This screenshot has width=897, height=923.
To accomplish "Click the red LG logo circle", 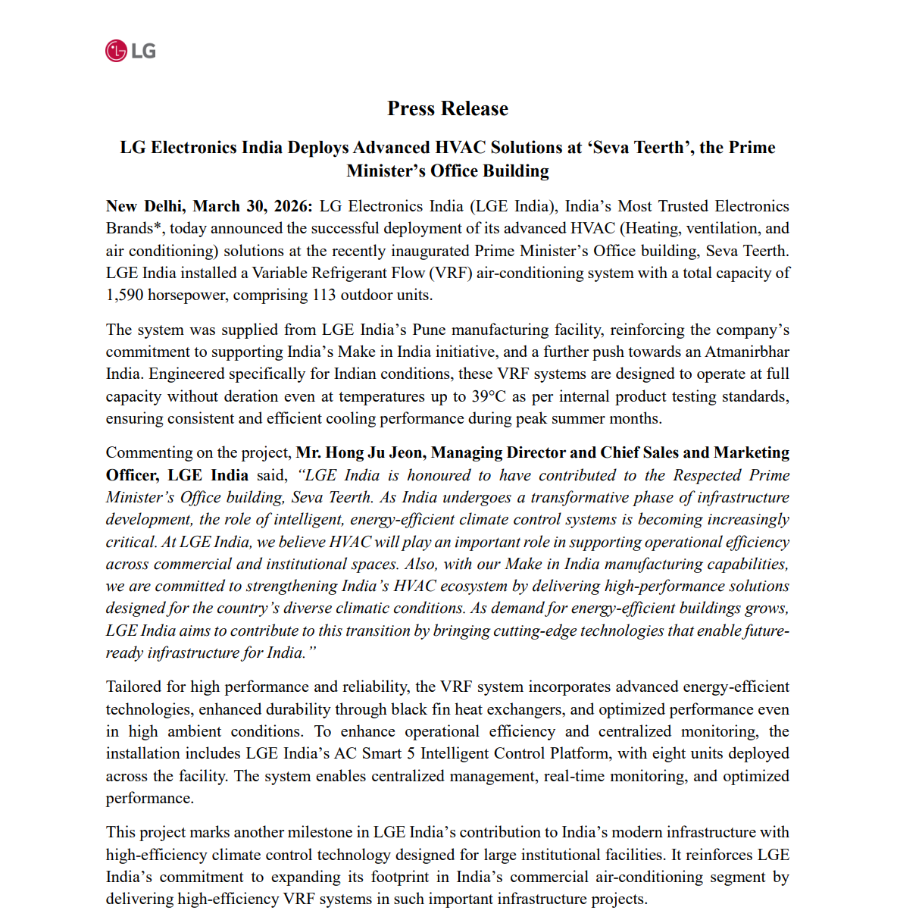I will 116,51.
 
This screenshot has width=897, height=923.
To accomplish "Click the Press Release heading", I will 448,108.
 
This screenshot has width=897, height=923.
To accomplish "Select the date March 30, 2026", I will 252,206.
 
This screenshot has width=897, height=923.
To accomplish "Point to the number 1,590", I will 124,295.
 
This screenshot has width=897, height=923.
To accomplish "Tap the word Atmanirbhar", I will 747,352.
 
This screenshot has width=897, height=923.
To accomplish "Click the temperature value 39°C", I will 487,396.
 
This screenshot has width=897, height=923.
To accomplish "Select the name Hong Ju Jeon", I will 361,452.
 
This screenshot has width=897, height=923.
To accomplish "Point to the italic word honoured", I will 439,475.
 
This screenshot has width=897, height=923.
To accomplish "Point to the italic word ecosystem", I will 482,586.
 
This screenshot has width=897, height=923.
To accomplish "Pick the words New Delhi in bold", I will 144,206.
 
